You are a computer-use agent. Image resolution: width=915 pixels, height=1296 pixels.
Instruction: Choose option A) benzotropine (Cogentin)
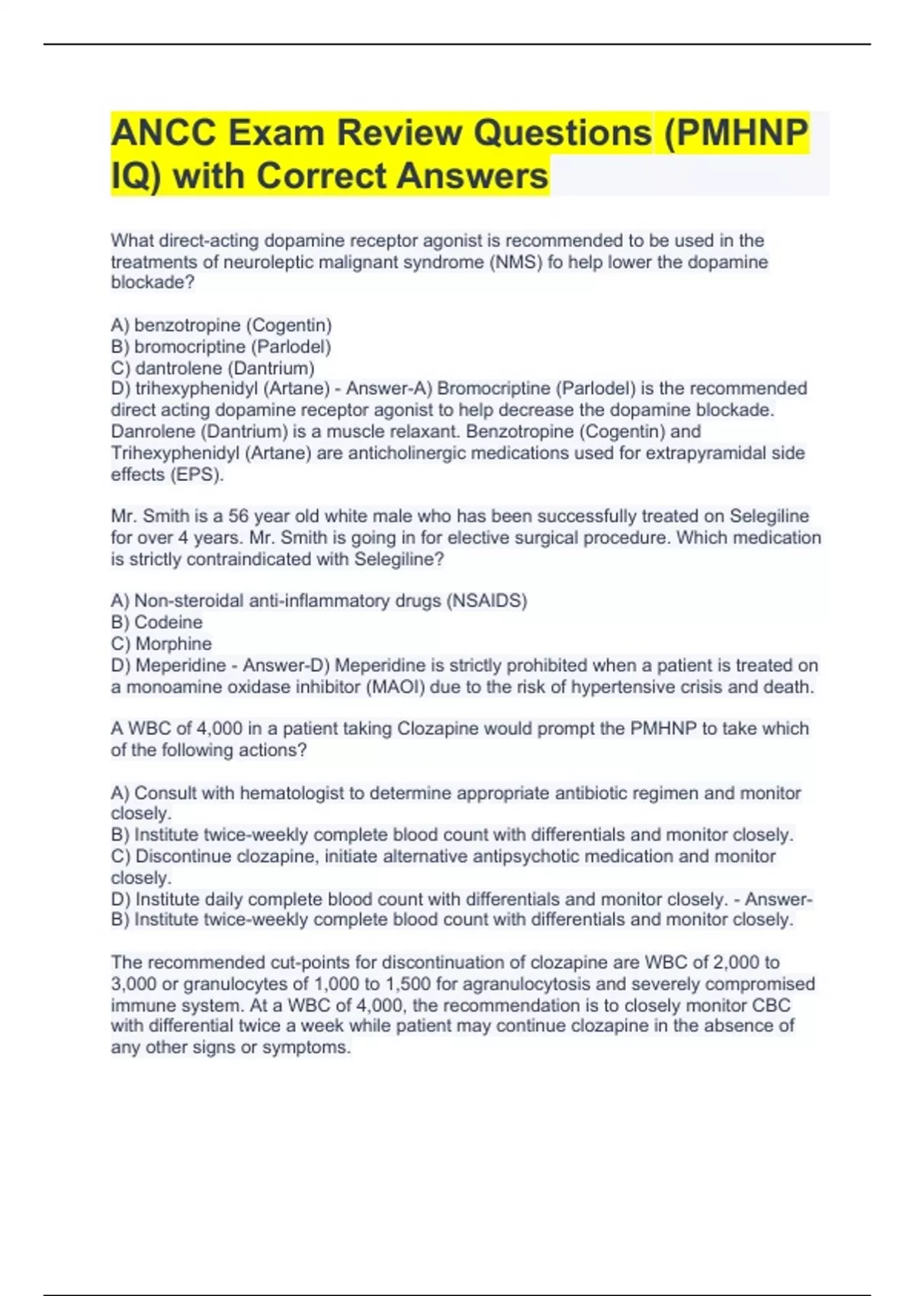click(221, 326)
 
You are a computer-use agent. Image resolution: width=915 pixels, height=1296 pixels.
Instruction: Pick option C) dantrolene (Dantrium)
click(213, 368)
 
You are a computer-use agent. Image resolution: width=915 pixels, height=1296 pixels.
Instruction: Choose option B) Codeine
click(157, 622)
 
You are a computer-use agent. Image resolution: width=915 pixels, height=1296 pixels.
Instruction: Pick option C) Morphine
click(162, 643)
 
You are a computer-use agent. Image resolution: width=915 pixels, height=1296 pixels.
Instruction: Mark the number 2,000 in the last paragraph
click(737, 962)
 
